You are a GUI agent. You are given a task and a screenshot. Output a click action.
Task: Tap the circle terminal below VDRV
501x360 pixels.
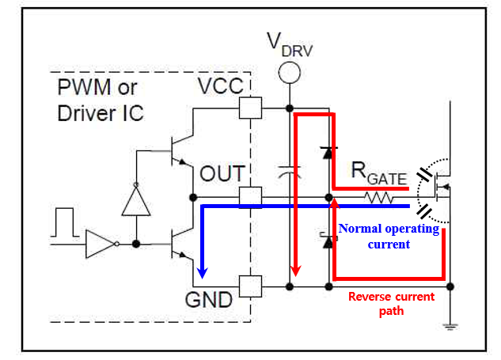point(290,73)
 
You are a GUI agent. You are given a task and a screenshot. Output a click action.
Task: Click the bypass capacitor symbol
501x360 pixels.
point(290,171)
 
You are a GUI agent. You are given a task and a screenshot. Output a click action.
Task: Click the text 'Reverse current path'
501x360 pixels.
point(391,304)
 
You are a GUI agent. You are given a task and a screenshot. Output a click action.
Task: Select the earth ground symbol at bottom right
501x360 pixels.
point(450,324)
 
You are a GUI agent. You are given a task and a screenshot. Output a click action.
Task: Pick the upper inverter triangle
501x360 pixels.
point(136,201)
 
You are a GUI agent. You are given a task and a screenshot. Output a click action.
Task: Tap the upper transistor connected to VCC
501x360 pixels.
point(178,150)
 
